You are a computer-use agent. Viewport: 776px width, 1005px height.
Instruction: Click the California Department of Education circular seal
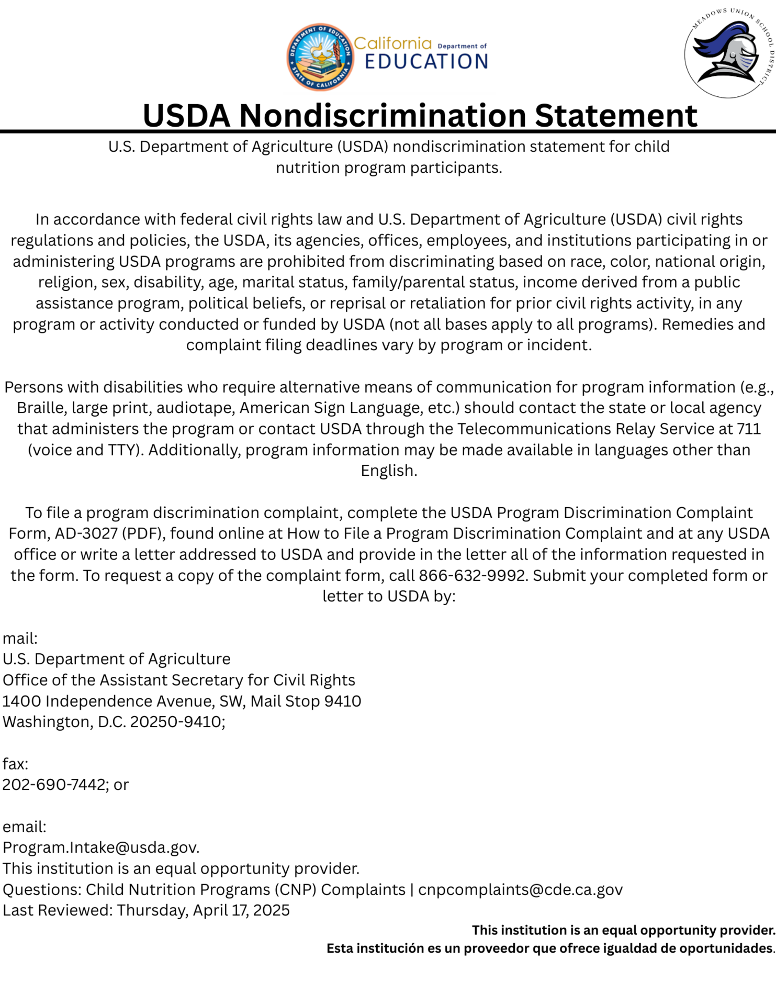pyautogui.click(x=320, y=57)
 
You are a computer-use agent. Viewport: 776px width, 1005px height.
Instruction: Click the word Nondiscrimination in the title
pyautogui.click(x=383, y=116)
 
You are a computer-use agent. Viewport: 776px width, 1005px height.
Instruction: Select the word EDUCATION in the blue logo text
pyautogui.click(x=426, y=62)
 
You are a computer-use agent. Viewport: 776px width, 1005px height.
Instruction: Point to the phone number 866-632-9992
pyautogui.click(x=471, y=575)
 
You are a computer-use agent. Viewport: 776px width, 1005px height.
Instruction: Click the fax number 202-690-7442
pyautogui.click(x=54, y=785)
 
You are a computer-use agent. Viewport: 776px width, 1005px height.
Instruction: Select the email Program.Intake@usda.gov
pyautogui.click(x=100, y=847)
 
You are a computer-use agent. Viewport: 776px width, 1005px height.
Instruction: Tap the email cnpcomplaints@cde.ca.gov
pyautogui.click(x=520, y=889)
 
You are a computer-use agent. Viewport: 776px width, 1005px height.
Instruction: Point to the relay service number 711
pyautogui.click(x=748, y=429)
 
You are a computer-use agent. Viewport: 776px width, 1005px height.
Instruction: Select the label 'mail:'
pyautogui.click(x=20, y=638)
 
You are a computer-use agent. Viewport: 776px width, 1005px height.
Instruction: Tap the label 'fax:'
pyautogui.click(x=15, y=764)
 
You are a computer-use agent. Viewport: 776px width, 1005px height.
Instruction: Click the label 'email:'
pyautogui.click(x=25, y=827)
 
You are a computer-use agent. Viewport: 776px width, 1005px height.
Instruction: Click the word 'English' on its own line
pyautogui.click(x=388, y=471)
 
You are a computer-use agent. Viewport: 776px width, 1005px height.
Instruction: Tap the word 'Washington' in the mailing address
pyautogui.click(x=47, y=722)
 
